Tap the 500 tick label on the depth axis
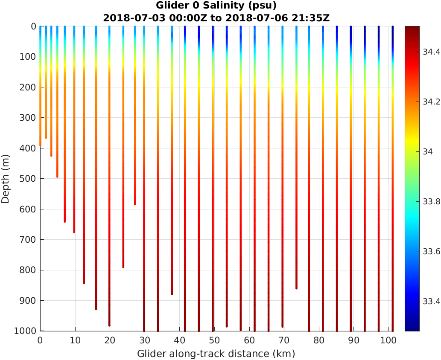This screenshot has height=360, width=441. click(x=28, y=179)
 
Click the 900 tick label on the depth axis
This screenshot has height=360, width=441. click(x=28, y=301)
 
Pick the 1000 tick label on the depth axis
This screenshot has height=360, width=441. click(x=26, y=331)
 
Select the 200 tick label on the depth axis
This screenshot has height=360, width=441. click(x=28, y=87)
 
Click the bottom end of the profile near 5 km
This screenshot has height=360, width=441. click(x=57, y=177)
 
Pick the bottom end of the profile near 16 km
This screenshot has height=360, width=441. click(x=96, y=309)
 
